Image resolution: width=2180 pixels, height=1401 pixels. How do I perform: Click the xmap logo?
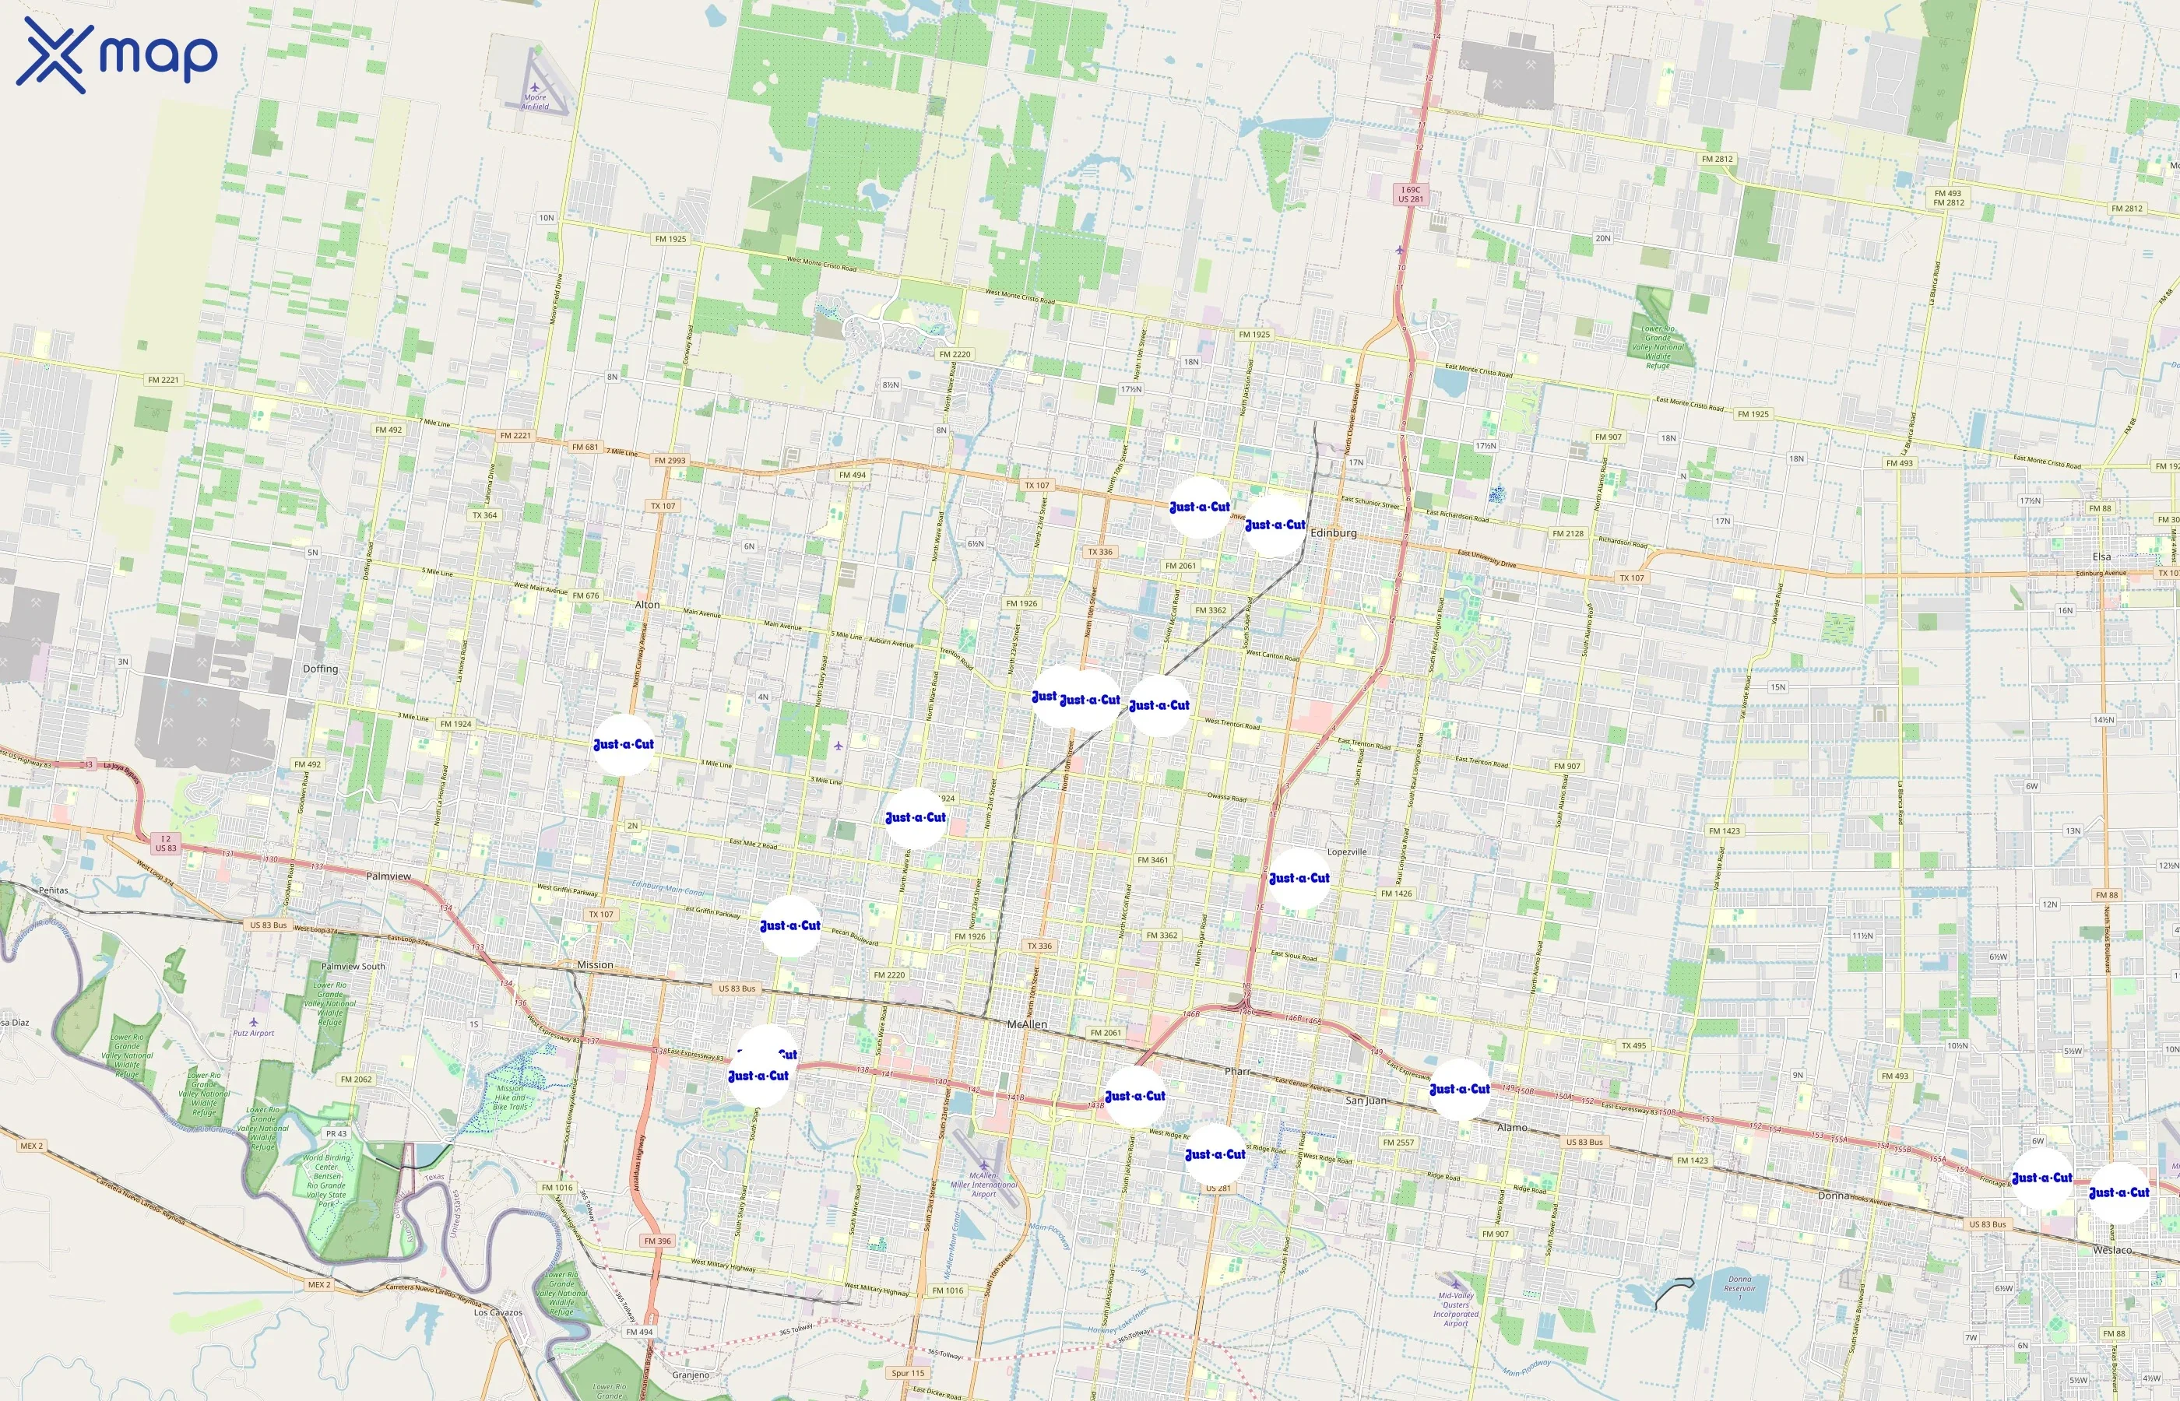click(117, 54)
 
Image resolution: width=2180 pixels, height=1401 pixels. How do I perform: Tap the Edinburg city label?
click(1333, 532)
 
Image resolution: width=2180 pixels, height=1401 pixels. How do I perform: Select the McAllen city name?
click(1026, 1024)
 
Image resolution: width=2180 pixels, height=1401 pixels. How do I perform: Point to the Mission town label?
click(595, 964)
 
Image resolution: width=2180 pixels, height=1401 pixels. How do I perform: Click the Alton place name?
click(647, 604)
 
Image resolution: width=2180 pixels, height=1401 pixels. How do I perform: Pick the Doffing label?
click(320, 669)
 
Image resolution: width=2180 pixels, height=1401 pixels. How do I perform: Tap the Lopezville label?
click(1347, 851)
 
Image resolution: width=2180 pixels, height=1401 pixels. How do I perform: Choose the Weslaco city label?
click(2111, 1250)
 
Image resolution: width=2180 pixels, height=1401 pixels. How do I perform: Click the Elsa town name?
click(2101, 557)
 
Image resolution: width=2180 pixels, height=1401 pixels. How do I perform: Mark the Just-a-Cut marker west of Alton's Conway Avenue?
click(624, 744)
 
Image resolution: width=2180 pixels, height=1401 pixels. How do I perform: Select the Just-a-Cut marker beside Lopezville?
click(1299, 878)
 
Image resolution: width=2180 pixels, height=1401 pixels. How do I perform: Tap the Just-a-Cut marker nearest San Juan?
click(1459, 1089)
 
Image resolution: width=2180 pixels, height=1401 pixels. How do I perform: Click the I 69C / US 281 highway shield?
click(1410, 194)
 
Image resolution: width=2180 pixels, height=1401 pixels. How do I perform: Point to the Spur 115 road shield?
click(907, 1373)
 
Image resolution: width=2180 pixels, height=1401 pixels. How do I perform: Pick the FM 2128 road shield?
click(1568, 533)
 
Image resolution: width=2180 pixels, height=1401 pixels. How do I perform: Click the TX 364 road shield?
click(484, 515)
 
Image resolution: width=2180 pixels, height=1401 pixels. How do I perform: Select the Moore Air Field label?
click(535, 102)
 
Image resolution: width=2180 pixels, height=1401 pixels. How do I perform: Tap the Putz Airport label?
click(253, 1033)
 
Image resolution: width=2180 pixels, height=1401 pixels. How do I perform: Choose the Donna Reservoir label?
click(1739, 1283)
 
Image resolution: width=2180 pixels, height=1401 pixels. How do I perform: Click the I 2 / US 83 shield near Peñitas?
click(166, 844)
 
